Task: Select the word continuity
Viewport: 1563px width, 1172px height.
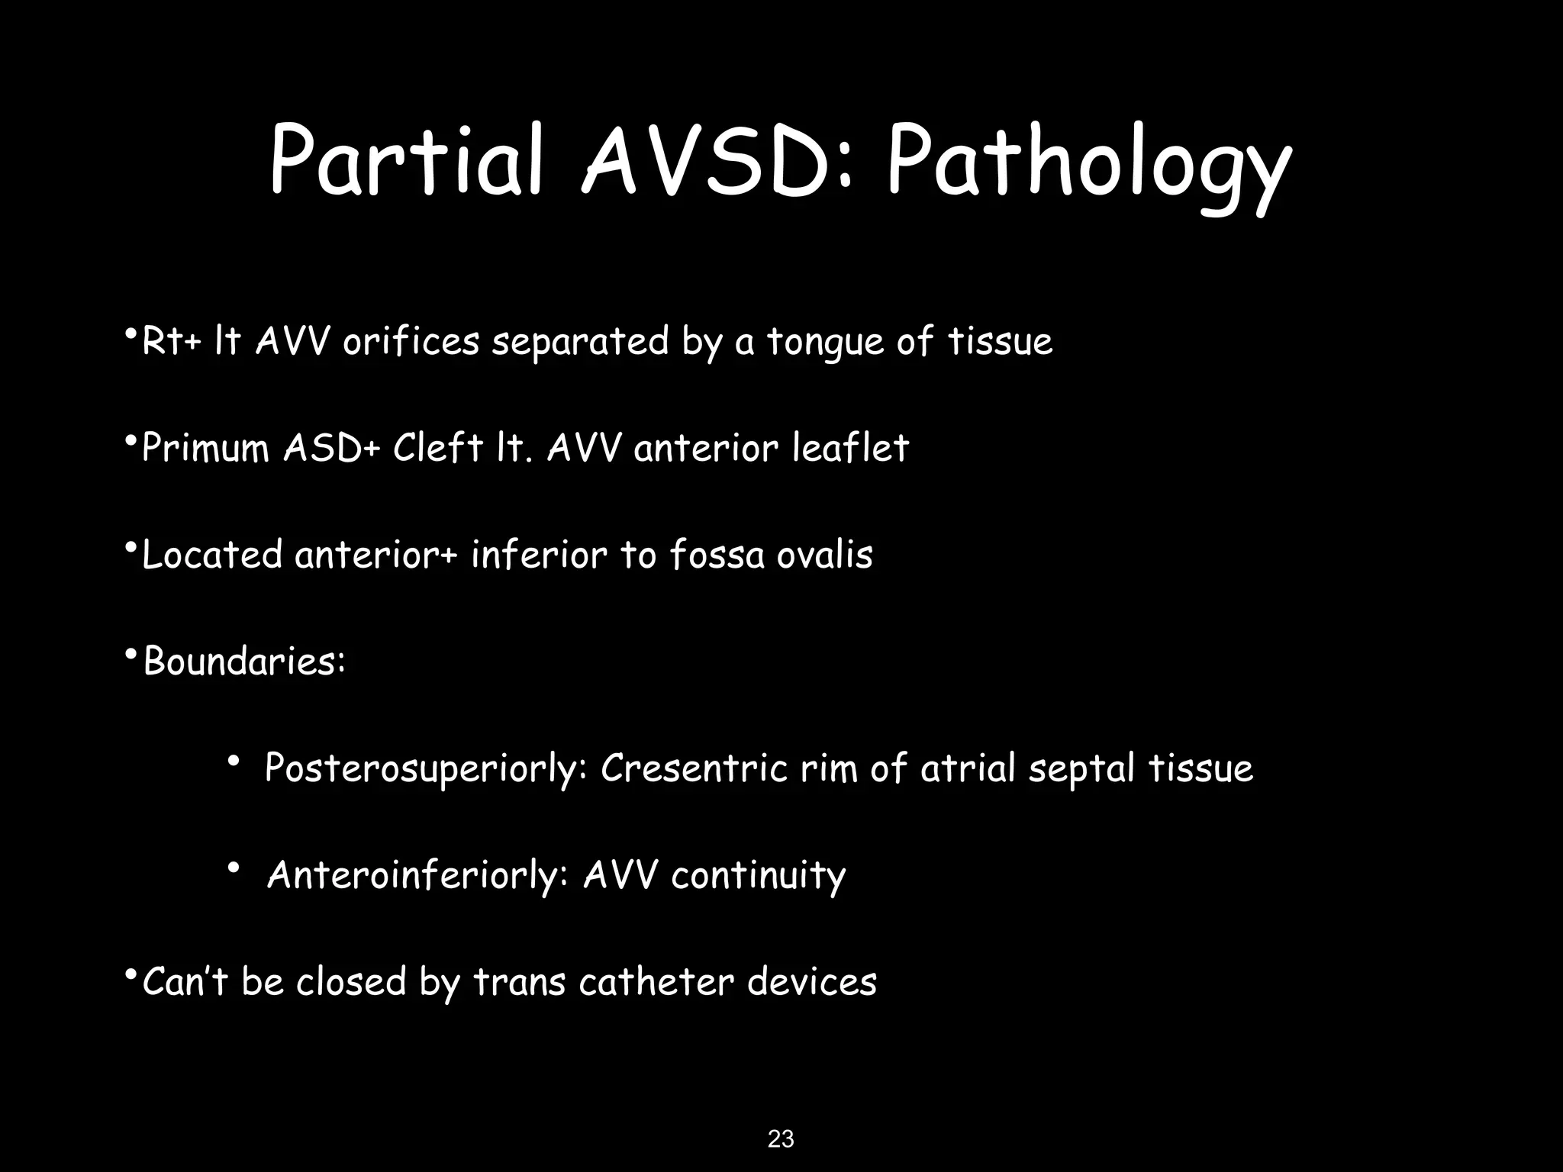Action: point(758,875)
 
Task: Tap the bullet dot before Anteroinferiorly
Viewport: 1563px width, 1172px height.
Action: point(234,868)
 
